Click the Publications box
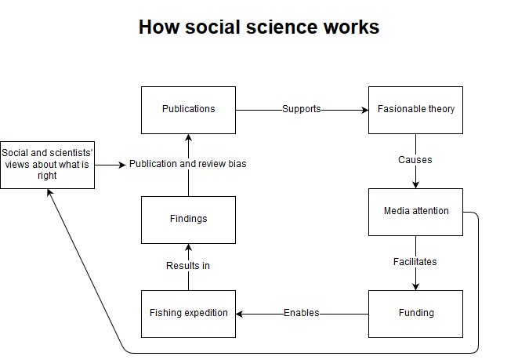coord(188,109)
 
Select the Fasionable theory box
coord(415,109)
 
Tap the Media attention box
coord(415,212)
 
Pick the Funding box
coord(415,313)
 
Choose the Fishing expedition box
coord(188,313)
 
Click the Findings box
coord(188,219)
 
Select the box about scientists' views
coord(47,165)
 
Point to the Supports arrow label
coord(302,109)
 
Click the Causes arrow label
coord(415,160)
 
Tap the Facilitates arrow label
coord(415,261)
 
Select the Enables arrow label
coord(302,313)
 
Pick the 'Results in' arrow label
coord(188,266)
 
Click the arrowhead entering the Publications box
coord(188,138)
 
